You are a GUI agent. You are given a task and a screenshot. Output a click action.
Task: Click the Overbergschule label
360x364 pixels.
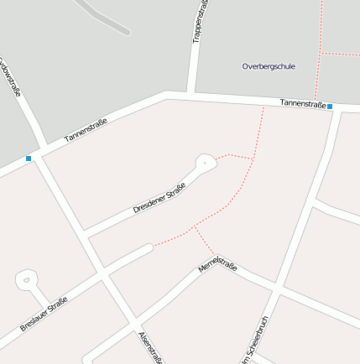coord(269,65)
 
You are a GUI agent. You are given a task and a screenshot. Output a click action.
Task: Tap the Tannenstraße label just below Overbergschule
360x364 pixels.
coord(302,103)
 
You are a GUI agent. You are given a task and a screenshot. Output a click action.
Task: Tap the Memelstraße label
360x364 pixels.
coord(217,268)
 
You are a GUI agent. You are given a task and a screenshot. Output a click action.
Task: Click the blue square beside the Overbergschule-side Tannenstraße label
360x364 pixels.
coord(330,107)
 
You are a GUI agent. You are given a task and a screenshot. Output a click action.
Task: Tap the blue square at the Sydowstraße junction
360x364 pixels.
coord(29,158)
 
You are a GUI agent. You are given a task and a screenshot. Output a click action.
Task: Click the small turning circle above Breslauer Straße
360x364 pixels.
coord(26,279)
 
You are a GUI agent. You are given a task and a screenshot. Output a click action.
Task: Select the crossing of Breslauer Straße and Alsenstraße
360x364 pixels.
coord(102,275)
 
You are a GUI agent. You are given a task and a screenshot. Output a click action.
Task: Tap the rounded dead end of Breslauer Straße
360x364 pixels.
coord(149,248)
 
